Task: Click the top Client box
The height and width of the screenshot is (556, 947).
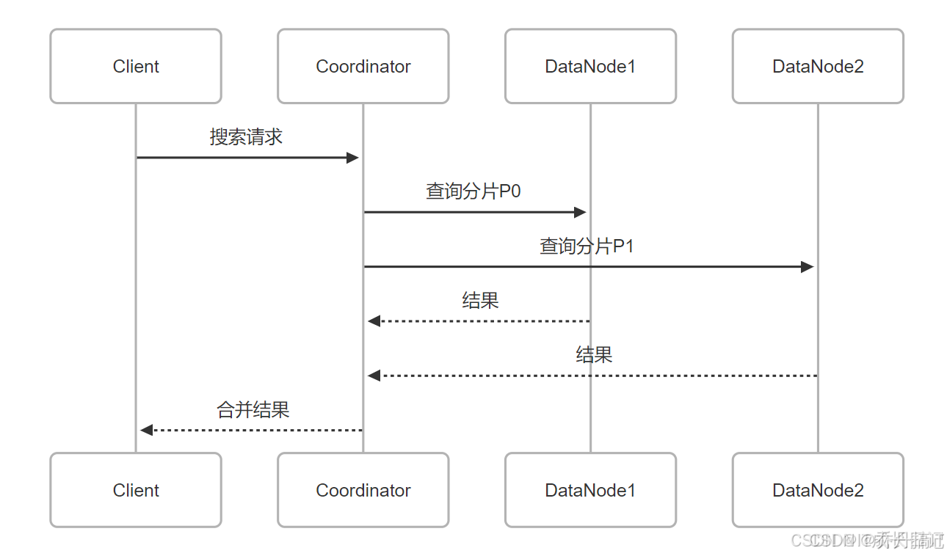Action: coord(136,66)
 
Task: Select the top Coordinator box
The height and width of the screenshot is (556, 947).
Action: coord(363,66)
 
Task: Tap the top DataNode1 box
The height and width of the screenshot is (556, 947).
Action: coord(590,66)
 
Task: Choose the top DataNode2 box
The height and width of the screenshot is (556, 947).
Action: coord(818,66)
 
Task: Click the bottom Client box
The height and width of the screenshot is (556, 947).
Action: coord(136,490)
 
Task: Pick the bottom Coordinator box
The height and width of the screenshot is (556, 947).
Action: coord(363,490)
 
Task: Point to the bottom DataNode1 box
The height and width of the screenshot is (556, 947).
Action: coord(590,490)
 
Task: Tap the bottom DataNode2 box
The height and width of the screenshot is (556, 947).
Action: coord(818,490)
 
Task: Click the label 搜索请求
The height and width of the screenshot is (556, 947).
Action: coord(246,137)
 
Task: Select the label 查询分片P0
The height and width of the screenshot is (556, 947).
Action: coord(473,191)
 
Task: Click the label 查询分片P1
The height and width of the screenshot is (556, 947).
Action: coord(587,246)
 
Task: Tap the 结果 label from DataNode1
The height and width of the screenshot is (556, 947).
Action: coord(480,301)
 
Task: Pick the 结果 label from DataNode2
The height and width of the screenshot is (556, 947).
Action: coord(594,355)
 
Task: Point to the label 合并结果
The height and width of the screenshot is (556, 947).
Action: coord(253,410)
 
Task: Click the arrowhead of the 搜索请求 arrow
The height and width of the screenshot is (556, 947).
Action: coord(352,158)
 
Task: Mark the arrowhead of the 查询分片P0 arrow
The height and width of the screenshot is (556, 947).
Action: coord(580,212)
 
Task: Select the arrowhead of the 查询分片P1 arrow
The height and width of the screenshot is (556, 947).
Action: coord(808,267)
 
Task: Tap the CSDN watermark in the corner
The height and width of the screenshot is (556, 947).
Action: coord(866,541)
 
